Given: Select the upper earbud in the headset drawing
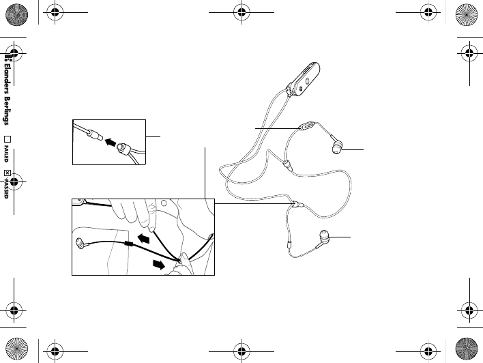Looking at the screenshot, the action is [336, 145].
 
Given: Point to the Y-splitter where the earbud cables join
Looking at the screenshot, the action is [298, 204].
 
